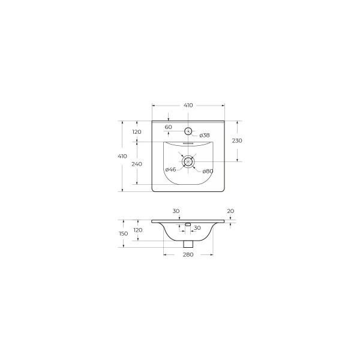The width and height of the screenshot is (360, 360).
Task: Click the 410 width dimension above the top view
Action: pyautogui.click(x=188, y=106)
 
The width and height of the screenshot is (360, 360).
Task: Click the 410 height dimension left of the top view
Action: pyautogui.click(x=122, y=156)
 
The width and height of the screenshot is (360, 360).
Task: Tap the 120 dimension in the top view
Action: pyautogui.click(x=137, y=132)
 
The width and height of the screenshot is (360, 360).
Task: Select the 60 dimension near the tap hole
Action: pyautogui.click(x=168, y=127)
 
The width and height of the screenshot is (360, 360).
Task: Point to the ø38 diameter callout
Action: pyautogui.click(x=204, y=135)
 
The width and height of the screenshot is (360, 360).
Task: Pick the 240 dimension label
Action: pyautogui.click(x=137, y=164)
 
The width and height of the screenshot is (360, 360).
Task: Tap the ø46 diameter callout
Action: pyautogui.click(x=170, y=170)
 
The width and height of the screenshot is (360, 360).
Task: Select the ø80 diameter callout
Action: pyautogui.click(x=208, y=171)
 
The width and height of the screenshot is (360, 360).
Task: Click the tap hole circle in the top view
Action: pyautogui.click(x=188, y=131)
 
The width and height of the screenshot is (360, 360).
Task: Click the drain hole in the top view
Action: pyautogui.click(x=188, y=161)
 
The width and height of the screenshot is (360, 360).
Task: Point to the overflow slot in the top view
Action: pyautogui.click(x=188, y=143)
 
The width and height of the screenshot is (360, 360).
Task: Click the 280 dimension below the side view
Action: pyautogui.click(x=188, y=255)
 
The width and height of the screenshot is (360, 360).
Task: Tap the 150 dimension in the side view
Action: pyautogui.click(x=122, y=233)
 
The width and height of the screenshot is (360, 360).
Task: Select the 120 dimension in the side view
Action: pyautogui.click(x=137, y=230)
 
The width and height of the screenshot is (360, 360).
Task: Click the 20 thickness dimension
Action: pyautogui.click(x=230, y=211)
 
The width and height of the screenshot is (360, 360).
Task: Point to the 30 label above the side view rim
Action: pyautogui.click(x=176, y=211)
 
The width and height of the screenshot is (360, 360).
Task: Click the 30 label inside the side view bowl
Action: pyautogui.click(x=196, y=229)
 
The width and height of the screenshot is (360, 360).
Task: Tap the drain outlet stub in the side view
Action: pyautogui.click(x=188, y=243)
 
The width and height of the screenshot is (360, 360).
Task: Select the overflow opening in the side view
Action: pyautogui.click(x=188, y=224)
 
